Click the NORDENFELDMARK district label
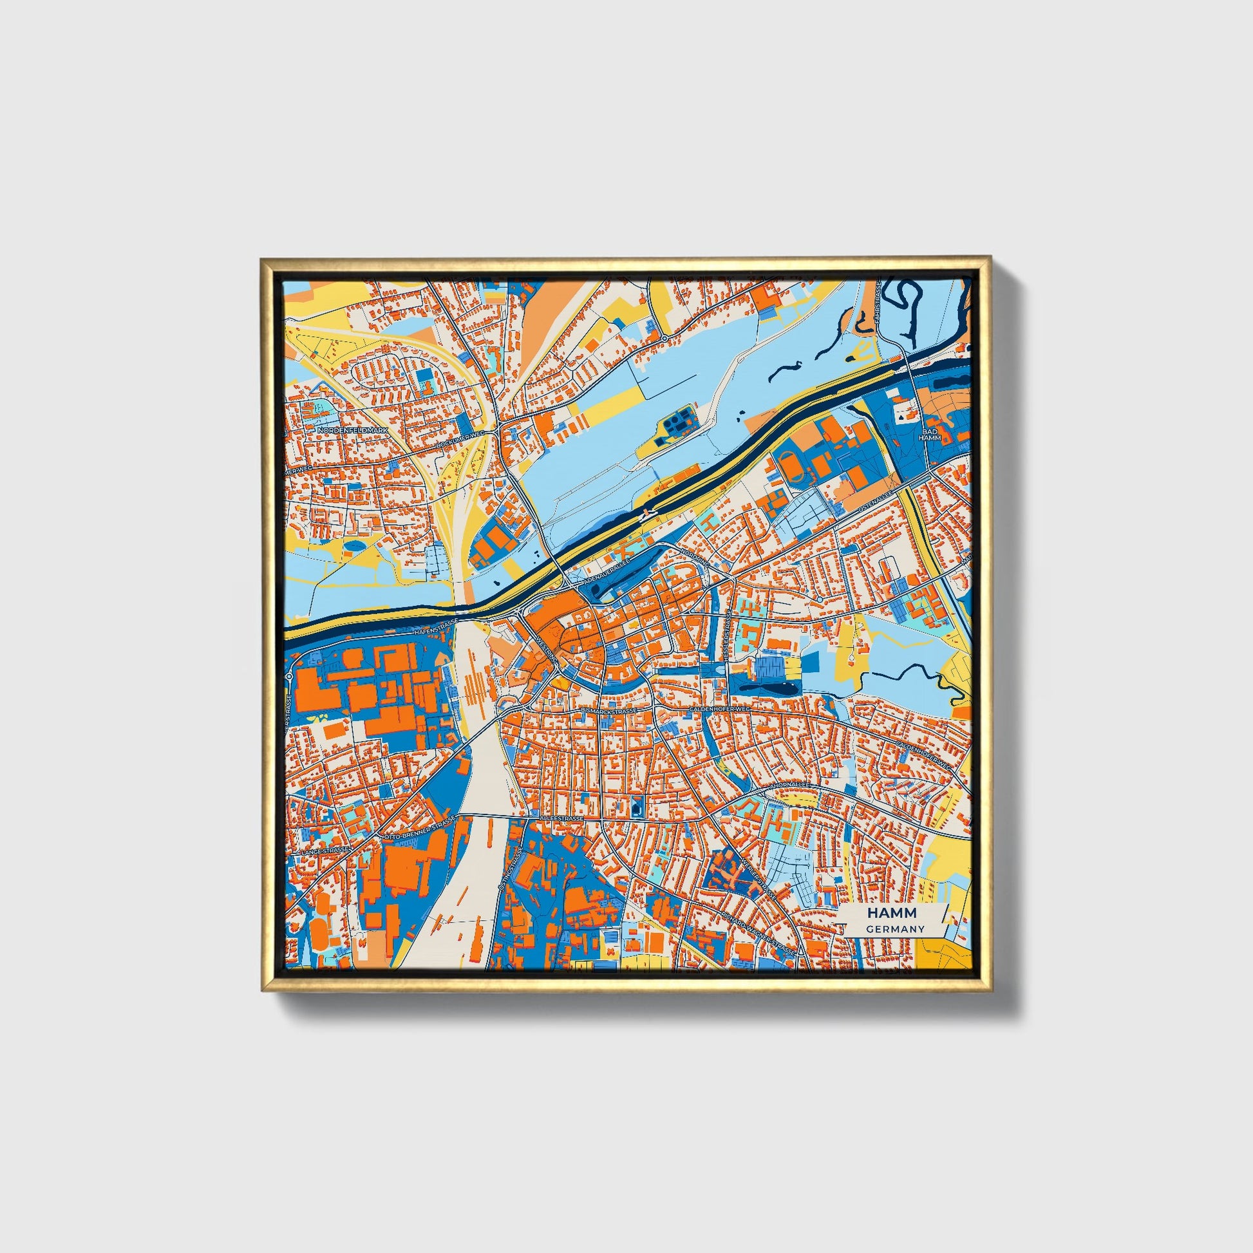pos(352,430)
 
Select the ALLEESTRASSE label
pos(562,819)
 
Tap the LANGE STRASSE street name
pos(331,852)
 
